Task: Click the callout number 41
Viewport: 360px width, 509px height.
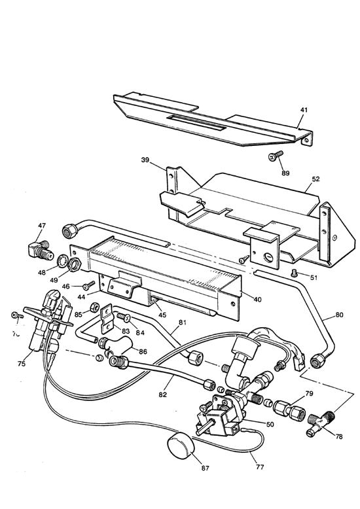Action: pos(303,110)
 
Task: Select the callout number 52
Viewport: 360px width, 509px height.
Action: pos(315,179)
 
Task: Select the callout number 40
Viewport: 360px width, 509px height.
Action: pos(257,300)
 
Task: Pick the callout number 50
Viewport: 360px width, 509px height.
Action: pos(269,424)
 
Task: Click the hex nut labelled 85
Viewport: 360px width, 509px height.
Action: pos(94,306)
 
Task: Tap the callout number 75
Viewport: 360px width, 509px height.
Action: pos(22,364)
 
